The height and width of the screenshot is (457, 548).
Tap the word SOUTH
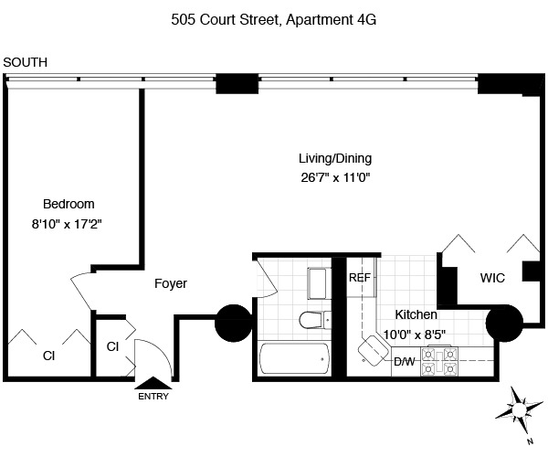pos(26,62)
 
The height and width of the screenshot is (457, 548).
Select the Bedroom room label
pos(68,204)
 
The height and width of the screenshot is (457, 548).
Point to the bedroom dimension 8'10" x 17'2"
pos(68,222)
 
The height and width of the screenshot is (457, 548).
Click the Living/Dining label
pos(335,157)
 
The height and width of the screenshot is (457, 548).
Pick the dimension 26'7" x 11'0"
pos(335,176)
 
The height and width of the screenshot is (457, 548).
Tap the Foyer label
pos(171,284)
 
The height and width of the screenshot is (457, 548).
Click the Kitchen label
pos(416,314)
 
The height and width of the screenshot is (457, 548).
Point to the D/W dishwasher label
pos(404,361)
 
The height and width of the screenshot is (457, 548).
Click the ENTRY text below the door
pos(153,397)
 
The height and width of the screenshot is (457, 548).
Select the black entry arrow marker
pos(153,383)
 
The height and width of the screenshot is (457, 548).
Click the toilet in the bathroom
pos(312,320)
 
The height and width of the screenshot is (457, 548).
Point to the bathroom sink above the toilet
pos(318,282)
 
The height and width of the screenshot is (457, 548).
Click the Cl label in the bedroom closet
pos(47,356)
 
